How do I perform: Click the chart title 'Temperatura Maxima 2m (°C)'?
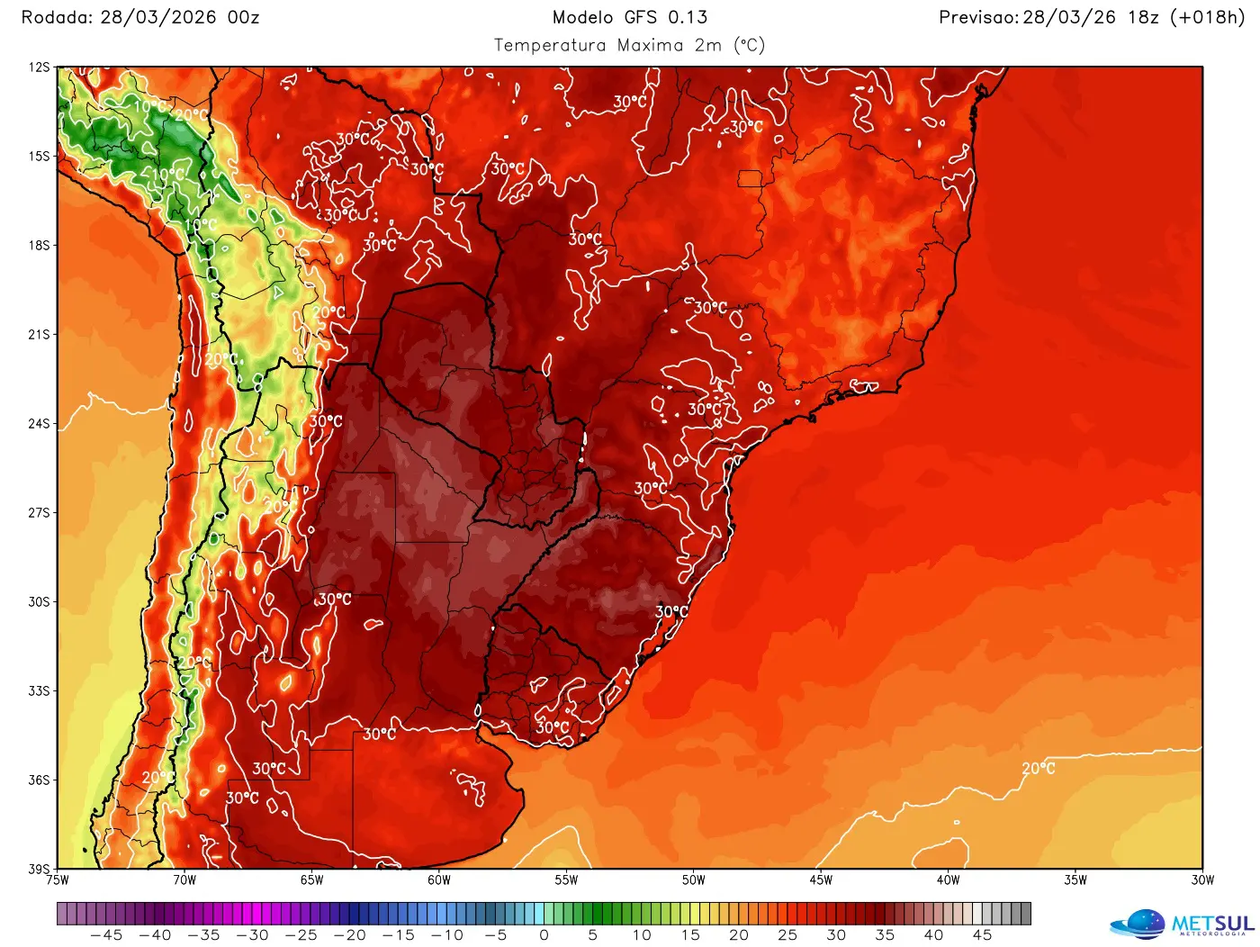(x=629, y=45)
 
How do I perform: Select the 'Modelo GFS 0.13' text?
(x=629, y=17)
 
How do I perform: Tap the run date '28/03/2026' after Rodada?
(x=158, y=17)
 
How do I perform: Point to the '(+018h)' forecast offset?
(x=1207, y=17)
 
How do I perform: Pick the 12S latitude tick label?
(x=39, y=68)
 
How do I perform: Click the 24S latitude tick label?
(x=39, y=423)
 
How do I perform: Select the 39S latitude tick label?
(x=39, y=869)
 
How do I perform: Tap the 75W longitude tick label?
(x=58, y=880)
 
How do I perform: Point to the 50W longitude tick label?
(x=693, y=880)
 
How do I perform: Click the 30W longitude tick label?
(x=1202, y=880)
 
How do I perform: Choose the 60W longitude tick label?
(x=439, y=880)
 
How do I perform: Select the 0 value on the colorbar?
(x=544, y=935)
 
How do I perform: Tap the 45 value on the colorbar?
(x=982, y=935)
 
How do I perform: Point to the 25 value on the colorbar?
(x=787, y=935)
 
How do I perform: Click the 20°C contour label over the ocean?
(x=1038, y=768)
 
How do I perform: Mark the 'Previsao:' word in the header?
(x=979, y=17)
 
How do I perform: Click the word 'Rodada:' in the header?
(x=57, y=17)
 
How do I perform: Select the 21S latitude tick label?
(x=39, y=334)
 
